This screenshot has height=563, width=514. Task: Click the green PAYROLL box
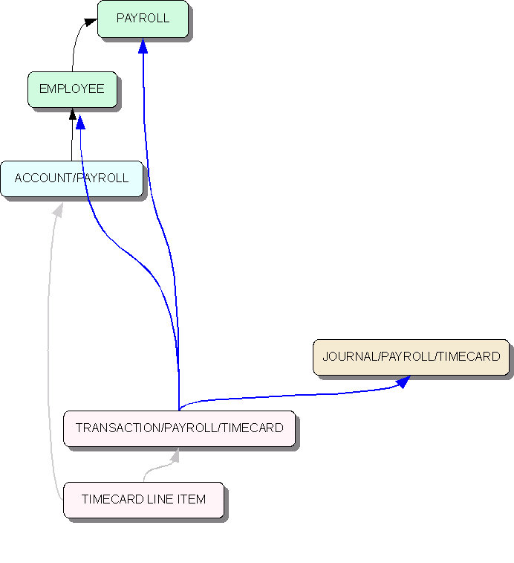coord(143,19)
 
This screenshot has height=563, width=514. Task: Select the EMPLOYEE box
coord(72,89)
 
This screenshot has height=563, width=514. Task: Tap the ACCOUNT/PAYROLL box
coord(71,178)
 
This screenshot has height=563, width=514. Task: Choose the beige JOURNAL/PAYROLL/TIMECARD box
coord(411,357)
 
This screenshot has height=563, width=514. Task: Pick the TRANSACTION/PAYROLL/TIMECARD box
coord(179,428)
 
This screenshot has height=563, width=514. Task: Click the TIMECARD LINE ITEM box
coord(143,500)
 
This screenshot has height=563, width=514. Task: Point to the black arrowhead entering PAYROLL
coord(91,25)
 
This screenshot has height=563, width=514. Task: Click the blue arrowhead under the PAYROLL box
coord(143,46)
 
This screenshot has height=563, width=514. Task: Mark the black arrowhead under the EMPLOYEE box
coord(72,114)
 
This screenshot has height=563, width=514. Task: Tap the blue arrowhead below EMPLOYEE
coord(80,122)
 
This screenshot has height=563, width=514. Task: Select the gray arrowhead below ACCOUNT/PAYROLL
coord(58,210)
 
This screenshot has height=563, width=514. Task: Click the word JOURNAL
coord(350,357)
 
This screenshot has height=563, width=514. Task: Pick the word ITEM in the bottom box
coord(191,500)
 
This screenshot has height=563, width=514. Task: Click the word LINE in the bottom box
coord(161,500)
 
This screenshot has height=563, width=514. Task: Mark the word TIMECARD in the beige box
coord(469,357)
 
